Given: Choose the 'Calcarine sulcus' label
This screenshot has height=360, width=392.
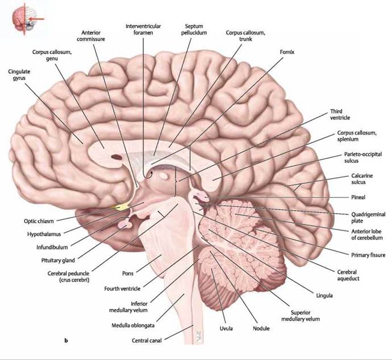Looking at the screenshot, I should point(362,179).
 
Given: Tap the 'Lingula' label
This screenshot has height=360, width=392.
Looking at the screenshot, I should point(325,295).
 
